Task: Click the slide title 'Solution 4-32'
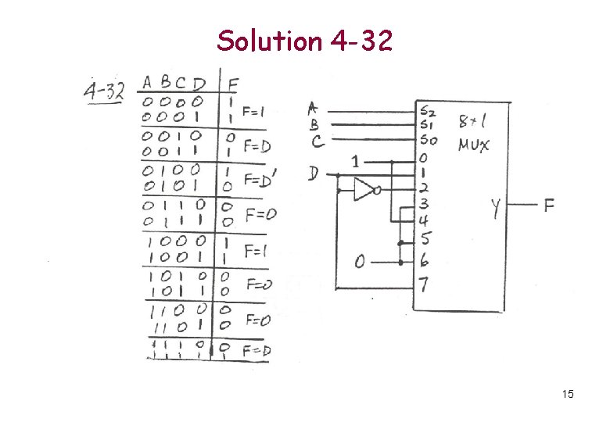[304, 40]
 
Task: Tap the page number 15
[568, 394]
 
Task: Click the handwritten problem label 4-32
[103, 91]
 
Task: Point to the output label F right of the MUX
[550, 206]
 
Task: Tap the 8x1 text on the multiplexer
[474, 122]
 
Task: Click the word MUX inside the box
[475, 145]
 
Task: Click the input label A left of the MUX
[314, 108]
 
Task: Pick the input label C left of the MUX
[318, 141]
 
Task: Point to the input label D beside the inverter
[314, 173]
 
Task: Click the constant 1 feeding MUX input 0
[356, 161]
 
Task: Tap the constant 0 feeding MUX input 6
[360, 262]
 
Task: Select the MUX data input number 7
[423, 284]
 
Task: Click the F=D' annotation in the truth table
[259, 179]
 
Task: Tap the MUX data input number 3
[423, 204]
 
